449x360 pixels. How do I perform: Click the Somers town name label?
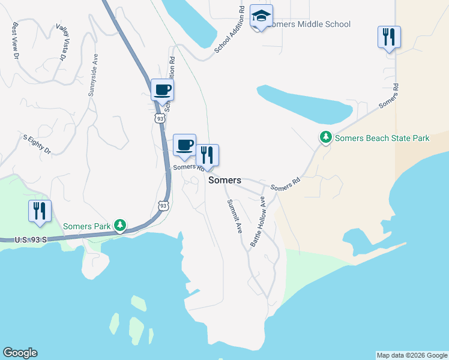click(224, 180)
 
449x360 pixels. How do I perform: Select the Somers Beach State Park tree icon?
click(325, 137)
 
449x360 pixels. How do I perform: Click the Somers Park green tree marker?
click(121, 225)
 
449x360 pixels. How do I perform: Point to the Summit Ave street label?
click(234, 216)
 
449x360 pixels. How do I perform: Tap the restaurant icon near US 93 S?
click(40, 211)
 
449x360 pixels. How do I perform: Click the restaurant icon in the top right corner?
click(389, 37)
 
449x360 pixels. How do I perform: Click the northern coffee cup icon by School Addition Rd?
click(162, 90)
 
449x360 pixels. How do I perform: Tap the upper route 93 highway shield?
click(159, 119)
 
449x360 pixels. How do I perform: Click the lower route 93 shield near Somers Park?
click(163, 206)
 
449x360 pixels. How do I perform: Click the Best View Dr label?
click(15, 40)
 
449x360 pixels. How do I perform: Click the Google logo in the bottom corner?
click(20, 353)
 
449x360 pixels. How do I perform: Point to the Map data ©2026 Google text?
click(412, 355)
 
